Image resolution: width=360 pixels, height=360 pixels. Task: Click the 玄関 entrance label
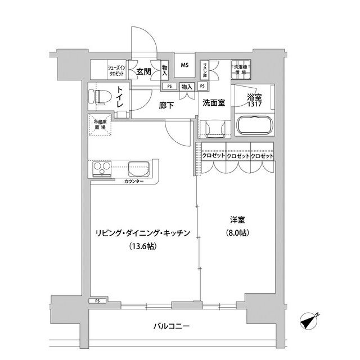pyautogui.click(x=143, y=71)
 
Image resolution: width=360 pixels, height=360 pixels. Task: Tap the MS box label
pyautogui.click(x=184, y=65)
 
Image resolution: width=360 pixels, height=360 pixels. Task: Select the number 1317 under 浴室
pyautogui.click(x=254, y=105)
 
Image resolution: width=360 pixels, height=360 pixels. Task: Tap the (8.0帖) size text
pyautogui.click(x=237, y=233)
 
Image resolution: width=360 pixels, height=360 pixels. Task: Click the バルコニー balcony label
pyautogui.click(x=170, y=326)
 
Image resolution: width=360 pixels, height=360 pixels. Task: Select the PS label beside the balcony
pyautogui.click(x=97, y=301)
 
